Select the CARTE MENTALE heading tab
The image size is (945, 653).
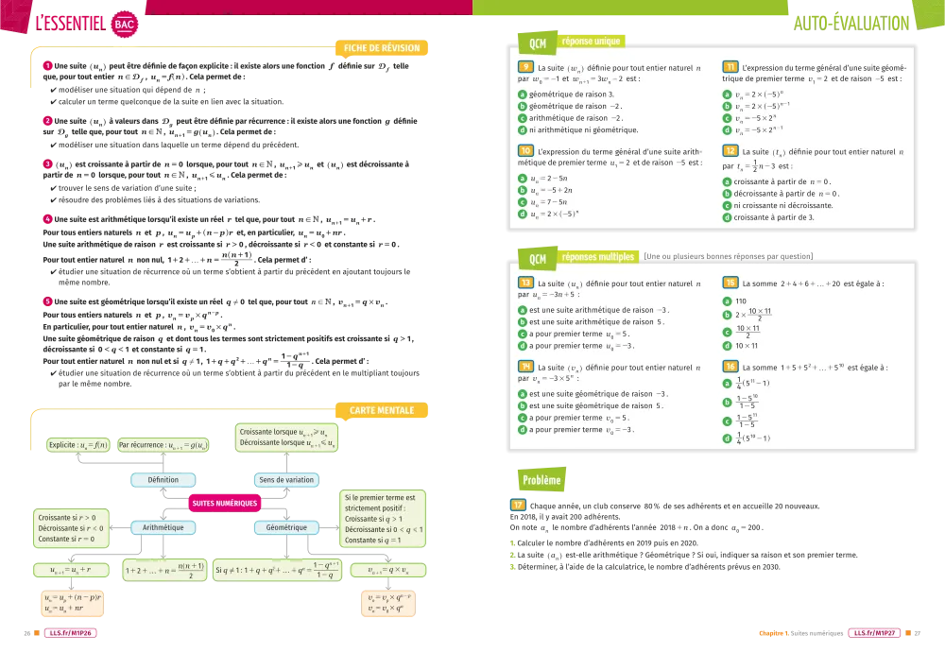click(382, 411)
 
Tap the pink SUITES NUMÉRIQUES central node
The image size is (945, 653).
click(225, 504)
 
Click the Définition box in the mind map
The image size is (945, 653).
click(163, 480)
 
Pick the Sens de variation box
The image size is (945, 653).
click(286, 480)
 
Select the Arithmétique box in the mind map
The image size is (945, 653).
click(163, 527)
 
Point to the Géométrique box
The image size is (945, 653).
click(286, 527)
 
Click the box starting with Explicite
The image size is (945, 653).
click(78, 444)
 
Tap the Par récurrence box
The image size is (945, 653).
click(163, 444)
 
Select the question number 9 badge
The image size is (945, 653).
click(524, 68)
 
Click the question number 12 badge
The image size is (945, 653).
click(730, 151)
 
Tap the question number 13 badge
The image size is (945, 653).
click(525, 283)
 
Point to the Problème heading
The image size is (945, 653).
click(541, 480)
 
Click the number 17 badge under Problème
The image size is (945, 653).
click(518, 506)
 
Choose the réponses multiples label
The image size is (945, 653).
click(597, 256)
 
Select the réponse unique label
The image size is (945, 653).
click(591, 42)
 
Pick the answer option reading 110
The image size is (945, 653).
click(741, 301)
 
